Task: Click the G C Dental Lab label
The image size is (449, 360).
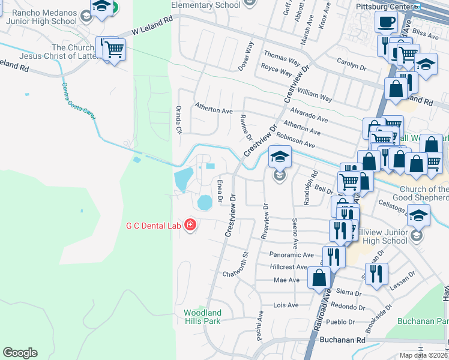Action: tap(154, 226)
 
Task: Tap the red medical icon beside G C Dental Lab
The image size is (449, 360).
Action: tap(190, 226)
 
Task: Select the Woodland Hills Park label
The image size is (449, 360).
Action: tap(202, 317)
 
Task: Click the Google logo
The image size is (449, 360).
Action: tap(20, 353)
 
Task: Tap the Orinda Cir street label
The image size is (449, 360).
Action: tap(178, 119)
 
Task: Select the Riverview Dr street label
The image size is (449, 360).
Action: tap(264, 221)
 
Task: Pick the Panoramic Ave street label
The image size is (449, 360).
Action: tap(292, 254)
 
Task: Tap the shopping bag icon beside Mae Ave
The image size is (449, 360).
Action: tap(319, 278)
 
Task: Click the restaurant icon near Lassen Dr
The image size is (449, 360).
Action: tap(376, 273)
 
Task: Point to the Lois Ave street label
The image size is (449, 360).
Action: tap(286, 305)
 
